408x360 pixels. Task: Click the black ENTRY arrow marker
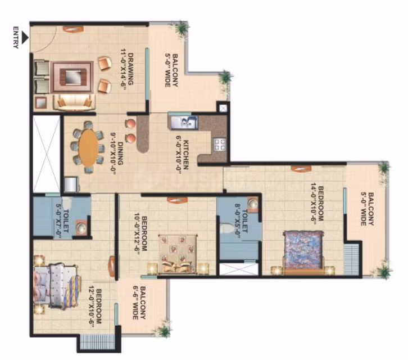[25, 38]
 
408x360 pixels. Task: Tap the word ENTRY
[16, 38]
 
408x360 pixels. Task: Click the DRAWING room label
[130, 69]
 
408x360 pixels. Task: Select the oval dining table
[89, 147]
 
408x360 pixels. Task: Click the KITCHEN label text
[186, 155]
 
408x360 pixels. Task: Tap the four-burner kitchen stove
[220, 145]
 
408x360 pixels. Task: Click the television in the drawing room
[71, 77]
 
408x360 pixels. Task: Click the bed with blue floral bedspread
[303, 252]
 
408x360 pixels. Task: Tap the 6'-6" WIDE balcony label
[135, 303]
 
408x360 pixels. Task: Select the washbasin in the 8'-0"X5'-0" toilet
[253, 204]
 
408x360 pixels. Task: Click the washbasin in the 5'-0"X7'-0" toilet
[81, 228]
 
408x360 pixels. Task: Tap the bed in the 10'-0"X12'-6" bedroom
[178, 254]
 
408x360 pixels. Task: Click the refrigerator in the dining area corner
[71, 184]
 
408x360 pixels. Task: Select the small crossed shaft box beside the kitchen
[223, 108]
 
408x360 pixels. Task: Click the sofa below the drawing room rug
[74, 102]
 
